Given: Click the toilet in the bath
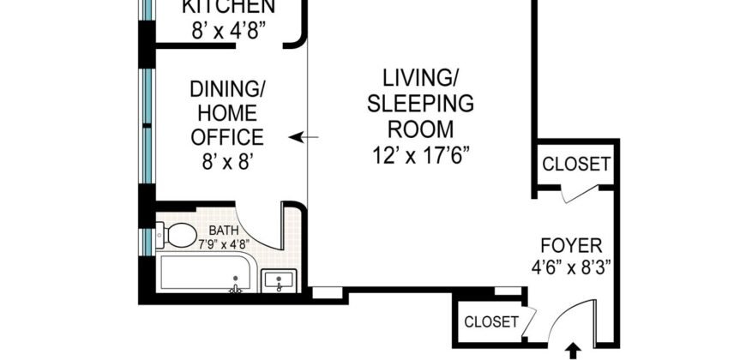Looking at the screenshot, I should (179, 234).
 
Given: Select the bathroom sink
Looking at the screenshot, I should (280, 279).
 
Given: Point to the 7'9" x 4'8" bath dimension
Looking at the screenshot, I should (226, 243).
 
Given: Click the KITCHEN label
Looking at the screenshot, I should (229, 8).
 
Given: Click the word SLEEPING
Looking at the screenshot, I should (420, 105).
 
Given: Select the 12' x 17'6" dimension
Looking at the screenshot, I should (420, 155).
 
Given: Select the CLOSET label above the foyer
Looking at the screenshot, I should (576, 164).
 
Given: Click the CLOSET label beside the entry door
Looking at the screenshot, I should (491, 322).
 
